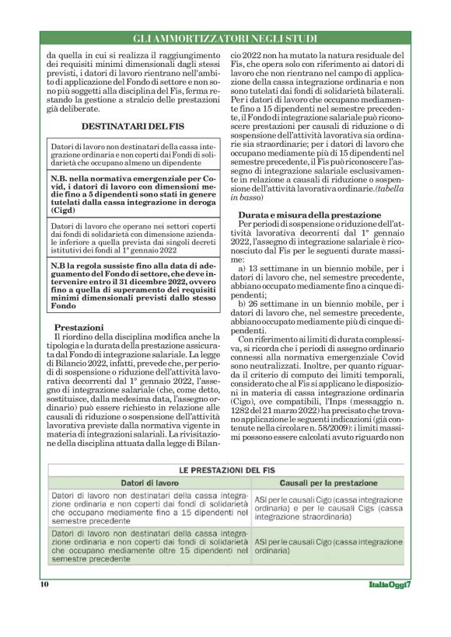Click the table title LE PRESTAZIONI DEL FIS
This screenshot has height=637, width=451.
(x=226, y=471)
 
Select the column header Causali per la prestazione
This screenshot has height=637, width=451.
(x=328, y=483)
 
